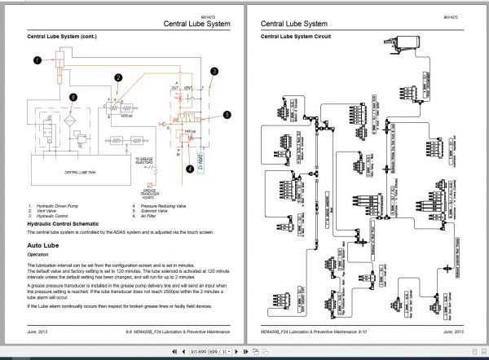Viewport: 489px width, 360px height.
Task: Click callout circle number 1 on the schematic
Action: [x=37, y=59]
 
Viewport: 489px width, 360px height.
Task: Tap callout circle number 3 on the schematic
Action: [x=213, y=72]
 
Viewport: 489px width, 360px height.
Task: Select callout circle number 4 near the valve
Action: [x=190, y=170]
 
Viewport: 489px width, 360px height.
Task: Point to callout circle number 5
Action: [x=227, y=115]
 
